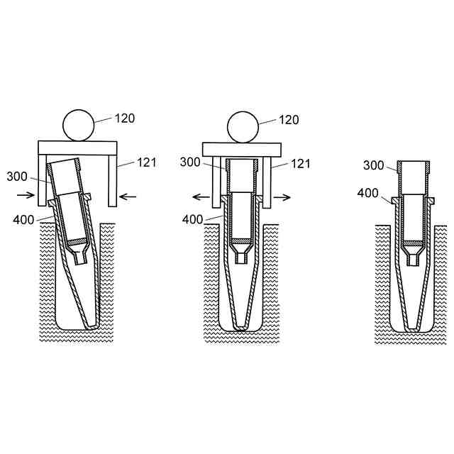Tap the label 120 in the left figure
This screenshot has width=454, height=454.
[125, 118]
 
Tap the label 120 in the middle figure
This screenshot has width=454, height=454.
[289, 120]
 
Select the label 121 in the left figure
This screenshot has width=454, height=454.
[147, 162]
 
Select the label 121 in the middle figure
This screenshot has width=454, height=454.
[301, 164]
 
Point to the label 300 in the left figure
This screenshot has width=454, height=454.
[17, 177]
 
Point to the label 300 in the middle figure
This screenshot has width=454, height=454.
[190, 162]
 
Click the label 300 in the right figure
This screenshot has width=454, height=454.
[374, 165]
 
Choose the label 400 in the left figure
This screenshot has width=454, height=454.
[23, 220]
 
